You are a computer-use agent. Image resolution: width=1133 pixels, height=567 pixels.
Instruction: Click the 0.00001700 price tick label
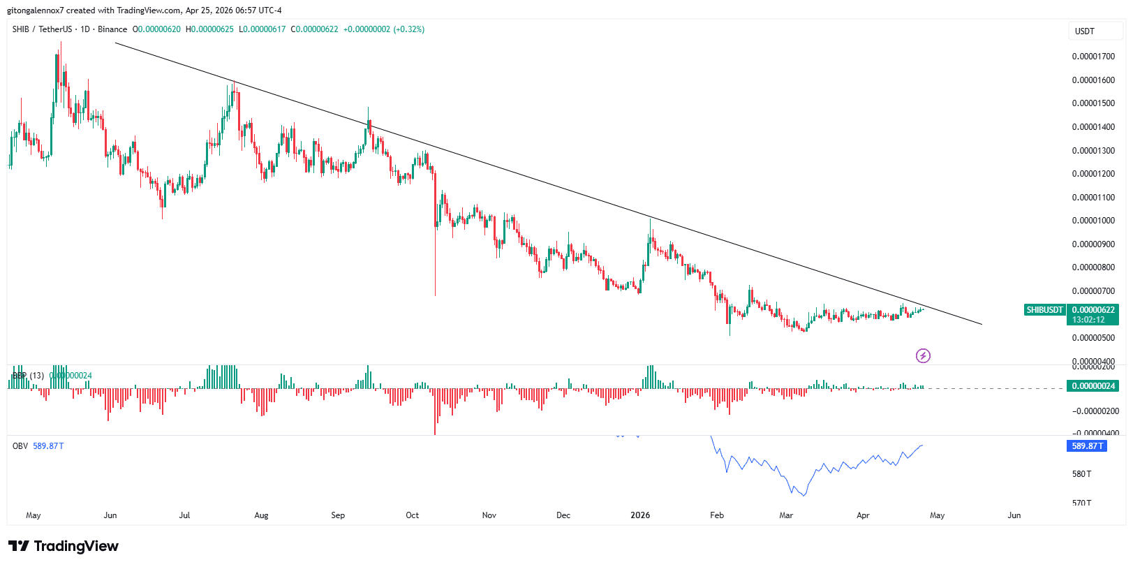point(1093,57)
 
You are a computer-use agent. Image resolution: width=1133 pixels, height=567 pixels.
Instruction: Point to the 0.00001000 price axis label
point(1093,221)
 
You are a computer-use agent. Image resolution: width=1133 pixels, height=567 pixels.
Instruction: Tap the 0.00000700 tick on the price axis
point(1093,291)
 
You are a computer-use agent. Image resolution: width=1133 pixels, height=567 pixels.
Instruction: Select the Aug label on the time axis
point(261,515)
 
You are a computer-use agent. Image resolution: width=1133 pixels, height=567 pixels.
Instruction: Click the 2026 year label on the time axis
point(639,515)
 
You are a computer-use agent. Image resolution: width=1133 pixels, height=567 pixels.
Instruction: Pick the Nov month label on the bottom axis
point(489,515)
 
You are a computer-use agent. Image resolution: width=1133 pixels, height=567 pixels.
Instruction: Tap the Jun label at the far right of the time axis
point(1014,515)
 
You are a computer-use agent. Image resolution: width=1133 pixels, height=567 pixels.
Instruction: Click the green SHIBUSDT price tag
point(1044,310)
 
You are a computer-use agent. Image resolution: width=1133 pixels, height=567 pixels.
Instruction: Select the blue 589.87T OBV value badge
point(1087,446)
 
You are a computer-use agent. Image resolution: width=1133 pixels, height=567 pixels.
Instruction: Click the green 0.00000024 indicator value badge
point(1093,386)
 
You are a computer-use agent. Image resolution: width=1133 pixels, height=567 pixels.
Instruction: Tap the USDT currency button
point(1084,31)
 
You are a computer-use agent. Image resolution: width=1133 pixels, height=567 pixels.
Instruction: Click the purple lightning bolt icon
point(923,356)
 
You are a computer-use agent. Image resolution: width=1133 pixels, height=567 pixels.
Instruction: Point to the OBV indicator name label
point(20,446)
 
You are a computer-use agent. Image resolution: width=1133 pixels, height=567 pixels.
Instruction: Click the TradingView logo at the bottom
point(64,546)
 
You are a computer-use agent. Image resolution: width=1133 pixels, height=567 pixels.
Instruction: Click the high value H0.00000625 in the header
point(209,29)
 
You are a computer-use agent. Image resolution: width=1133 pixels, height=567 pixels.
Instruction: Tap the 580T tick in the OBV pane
point(1081,474)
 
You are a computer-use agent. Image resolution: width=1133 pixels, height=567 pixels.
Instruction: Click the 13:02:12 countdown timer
point(1088,320)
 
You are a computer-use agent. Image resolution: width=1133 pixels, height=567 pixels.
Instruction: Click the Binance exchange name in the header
point(112,29)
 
